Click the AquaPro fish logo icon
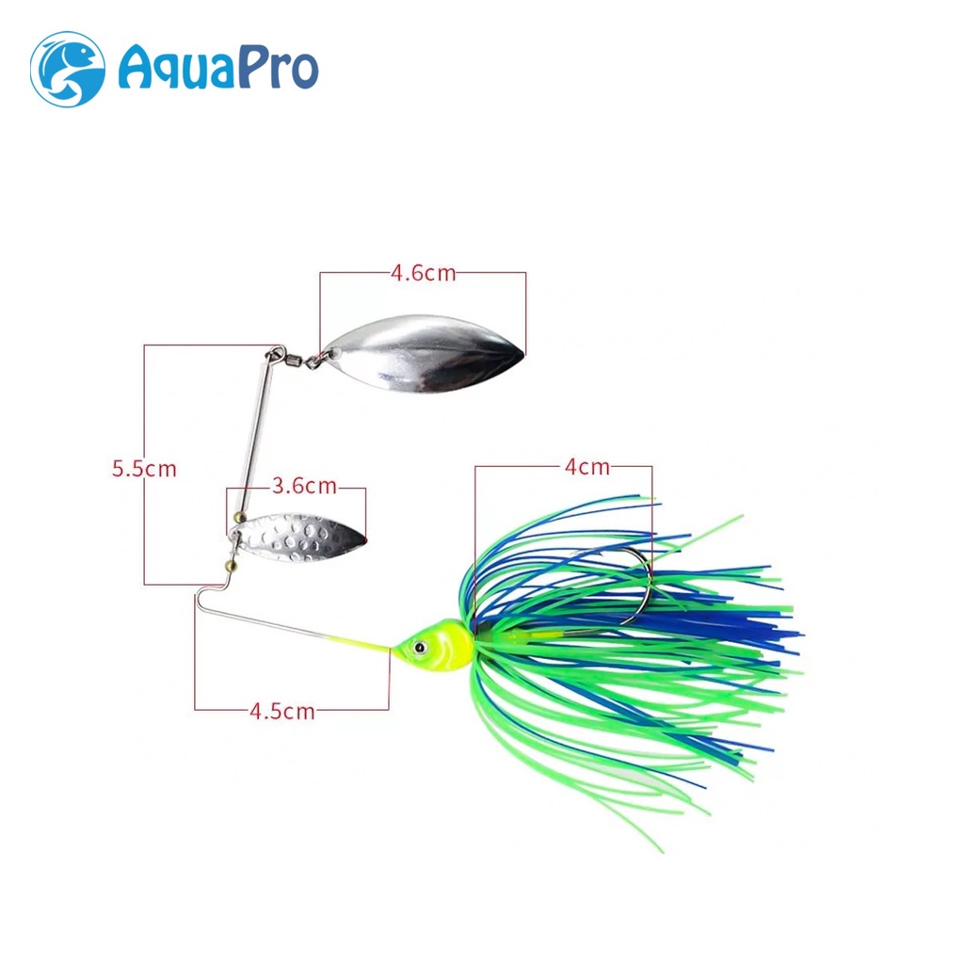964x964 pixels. (67, 69)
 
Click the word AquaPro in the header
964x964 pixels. (217, 69)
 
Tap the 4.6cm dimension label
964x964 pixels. (423, 273)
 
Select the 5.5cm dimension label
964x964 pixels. (144, 468)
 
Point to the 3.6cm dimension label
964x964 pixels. (303, 487)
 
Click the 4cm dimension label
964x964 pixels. (587, 466)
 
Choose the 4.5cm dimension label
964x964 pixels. (281, 711)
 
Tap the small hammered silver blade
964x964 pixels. (299, 538)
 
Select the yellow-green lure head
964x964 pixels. (438, 648)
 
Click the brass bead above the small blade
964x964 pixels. (238, 517)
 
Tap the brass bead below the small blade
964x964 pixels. (229, 565)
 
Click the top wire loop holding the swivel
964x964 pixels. (275, 354)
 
